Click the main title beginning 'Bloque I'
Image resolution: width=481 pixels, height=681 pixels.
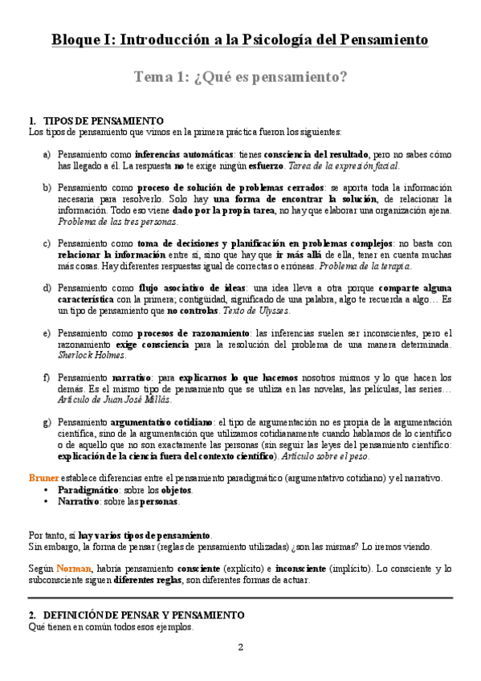(x=240, y=39)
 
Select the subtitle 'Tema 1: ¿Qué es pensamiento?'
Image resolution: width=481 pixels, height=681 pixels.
(x=240, y=77)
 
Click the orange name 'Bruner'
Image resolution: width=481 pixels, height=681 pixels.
(x=43, y=478)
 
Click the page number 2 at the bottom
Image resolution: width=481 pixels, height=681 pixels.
(x=240, y=646)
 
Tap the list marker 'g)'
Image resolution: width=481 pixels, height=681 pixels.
(x=47, y=422)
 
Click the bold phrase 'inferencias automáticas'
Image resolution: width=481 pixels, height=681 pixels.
(x=184, y=154)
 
